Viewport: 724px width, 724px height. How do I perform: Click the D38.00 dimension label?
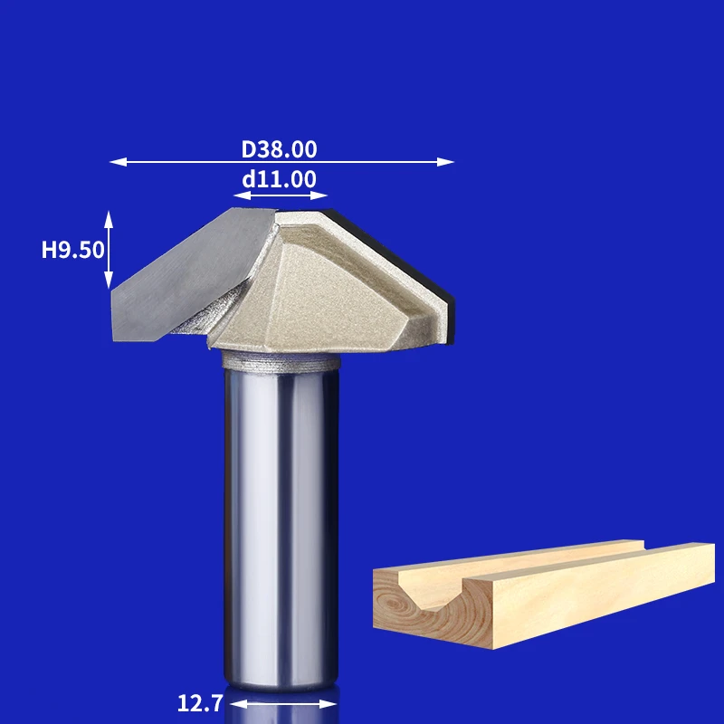(279, 149)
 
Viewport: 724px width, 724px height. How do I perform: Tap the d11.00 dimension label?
(279, 179)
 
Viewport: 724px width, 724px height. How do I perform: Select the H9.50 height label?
(73, 250)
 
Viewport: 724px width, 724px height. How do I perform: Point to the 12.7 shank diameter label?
(200, 703)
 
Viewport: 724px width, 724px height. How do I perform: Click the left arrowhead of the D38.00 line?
(118, 162)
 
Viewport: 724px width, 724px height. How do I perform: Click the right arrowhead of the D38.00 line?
(446, 162)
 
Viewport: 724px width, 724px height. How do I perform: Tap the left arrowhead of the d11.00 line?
(242, 195)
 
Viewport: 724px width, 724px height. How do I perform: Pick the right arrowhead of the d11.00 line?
(319, 195)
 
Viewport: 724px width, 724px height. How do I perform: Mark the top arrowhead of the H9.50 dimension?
(109, 219)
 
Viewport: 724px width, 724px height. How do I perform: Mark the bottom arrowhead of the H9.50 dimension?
(109, 281)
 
